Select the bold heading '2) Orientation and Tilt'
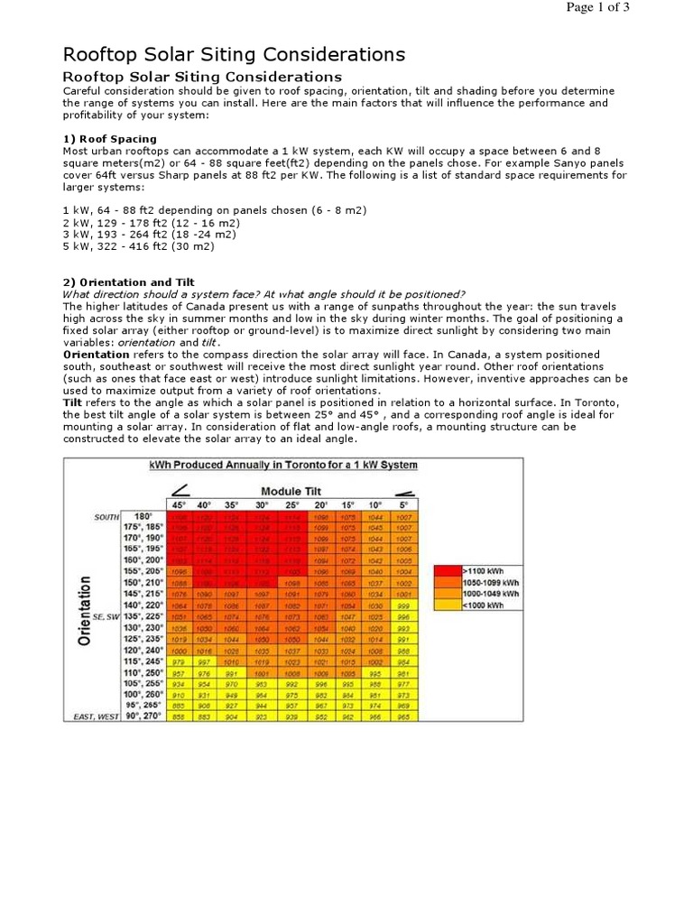coord(127,282)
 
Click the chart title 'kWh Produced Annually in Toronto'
coord(282,466)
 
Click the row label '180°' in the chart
coord(143,517)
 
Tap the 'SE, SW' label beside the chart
coord(106,617)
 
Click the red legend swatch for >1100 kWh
coord(447,570)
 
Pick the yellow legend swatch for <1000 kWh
coord(447,605)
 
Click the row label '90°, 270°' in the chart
coord(143,716)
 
